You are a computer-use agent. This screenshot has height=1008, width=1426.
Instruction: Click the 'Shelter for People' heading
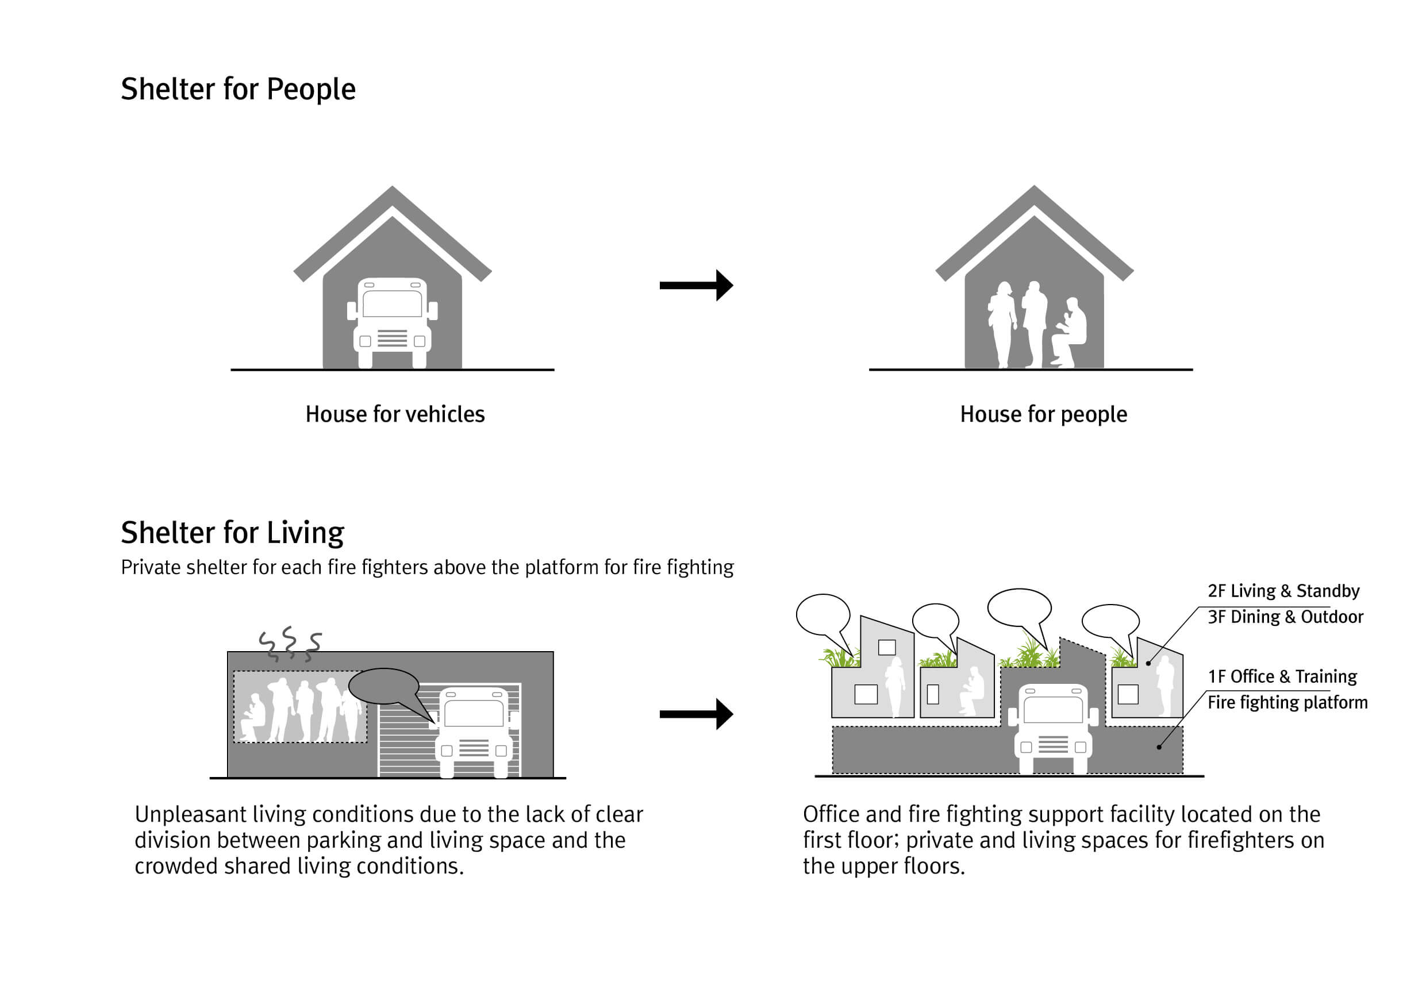[x=238, y=90]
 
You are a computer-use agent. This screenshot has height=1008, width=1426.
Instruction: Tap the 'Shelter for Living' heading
[x=232, y=533]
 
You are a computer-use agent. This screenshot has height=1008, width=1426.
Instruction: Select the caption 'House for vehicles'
[x=395, y=414]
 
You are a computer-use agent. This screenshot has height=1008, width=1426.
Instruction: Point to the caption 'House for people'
[x=1043, y=414]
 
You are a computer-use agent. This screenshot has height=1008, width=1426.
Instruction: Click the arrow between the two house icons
[x=696, y=285]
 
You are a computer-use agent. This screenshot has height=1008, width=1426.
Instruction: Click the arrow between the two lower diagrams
[x=696, y=714]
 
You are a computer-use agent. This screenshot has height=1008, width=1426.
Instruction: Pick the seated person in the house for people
[x=1068, y=332]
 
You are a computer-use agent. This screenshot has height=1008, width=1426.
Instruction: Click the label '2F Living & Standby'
[x=1283, y=591]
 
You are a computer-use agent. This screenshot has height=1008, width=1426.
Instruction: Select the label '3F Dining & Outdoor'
[x=1285, y=617]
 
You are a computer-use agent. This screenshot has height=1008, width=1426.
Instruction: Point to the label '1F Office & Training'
[x=1282, y=676]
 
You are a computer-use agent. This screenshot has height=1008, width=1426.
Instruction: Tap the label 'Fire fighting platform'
[x=1287, y=702]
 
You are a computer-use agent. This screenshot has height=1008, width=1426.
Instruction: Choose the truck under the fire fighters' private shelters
[x=1053, y=729]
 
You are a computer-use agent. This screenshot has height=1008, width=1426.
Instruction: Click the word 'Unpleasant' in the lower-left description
[x=191, y=814]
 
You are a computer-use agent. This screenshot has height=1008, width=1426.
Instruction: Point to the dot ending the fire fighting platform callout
[x=1159, y=747]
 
